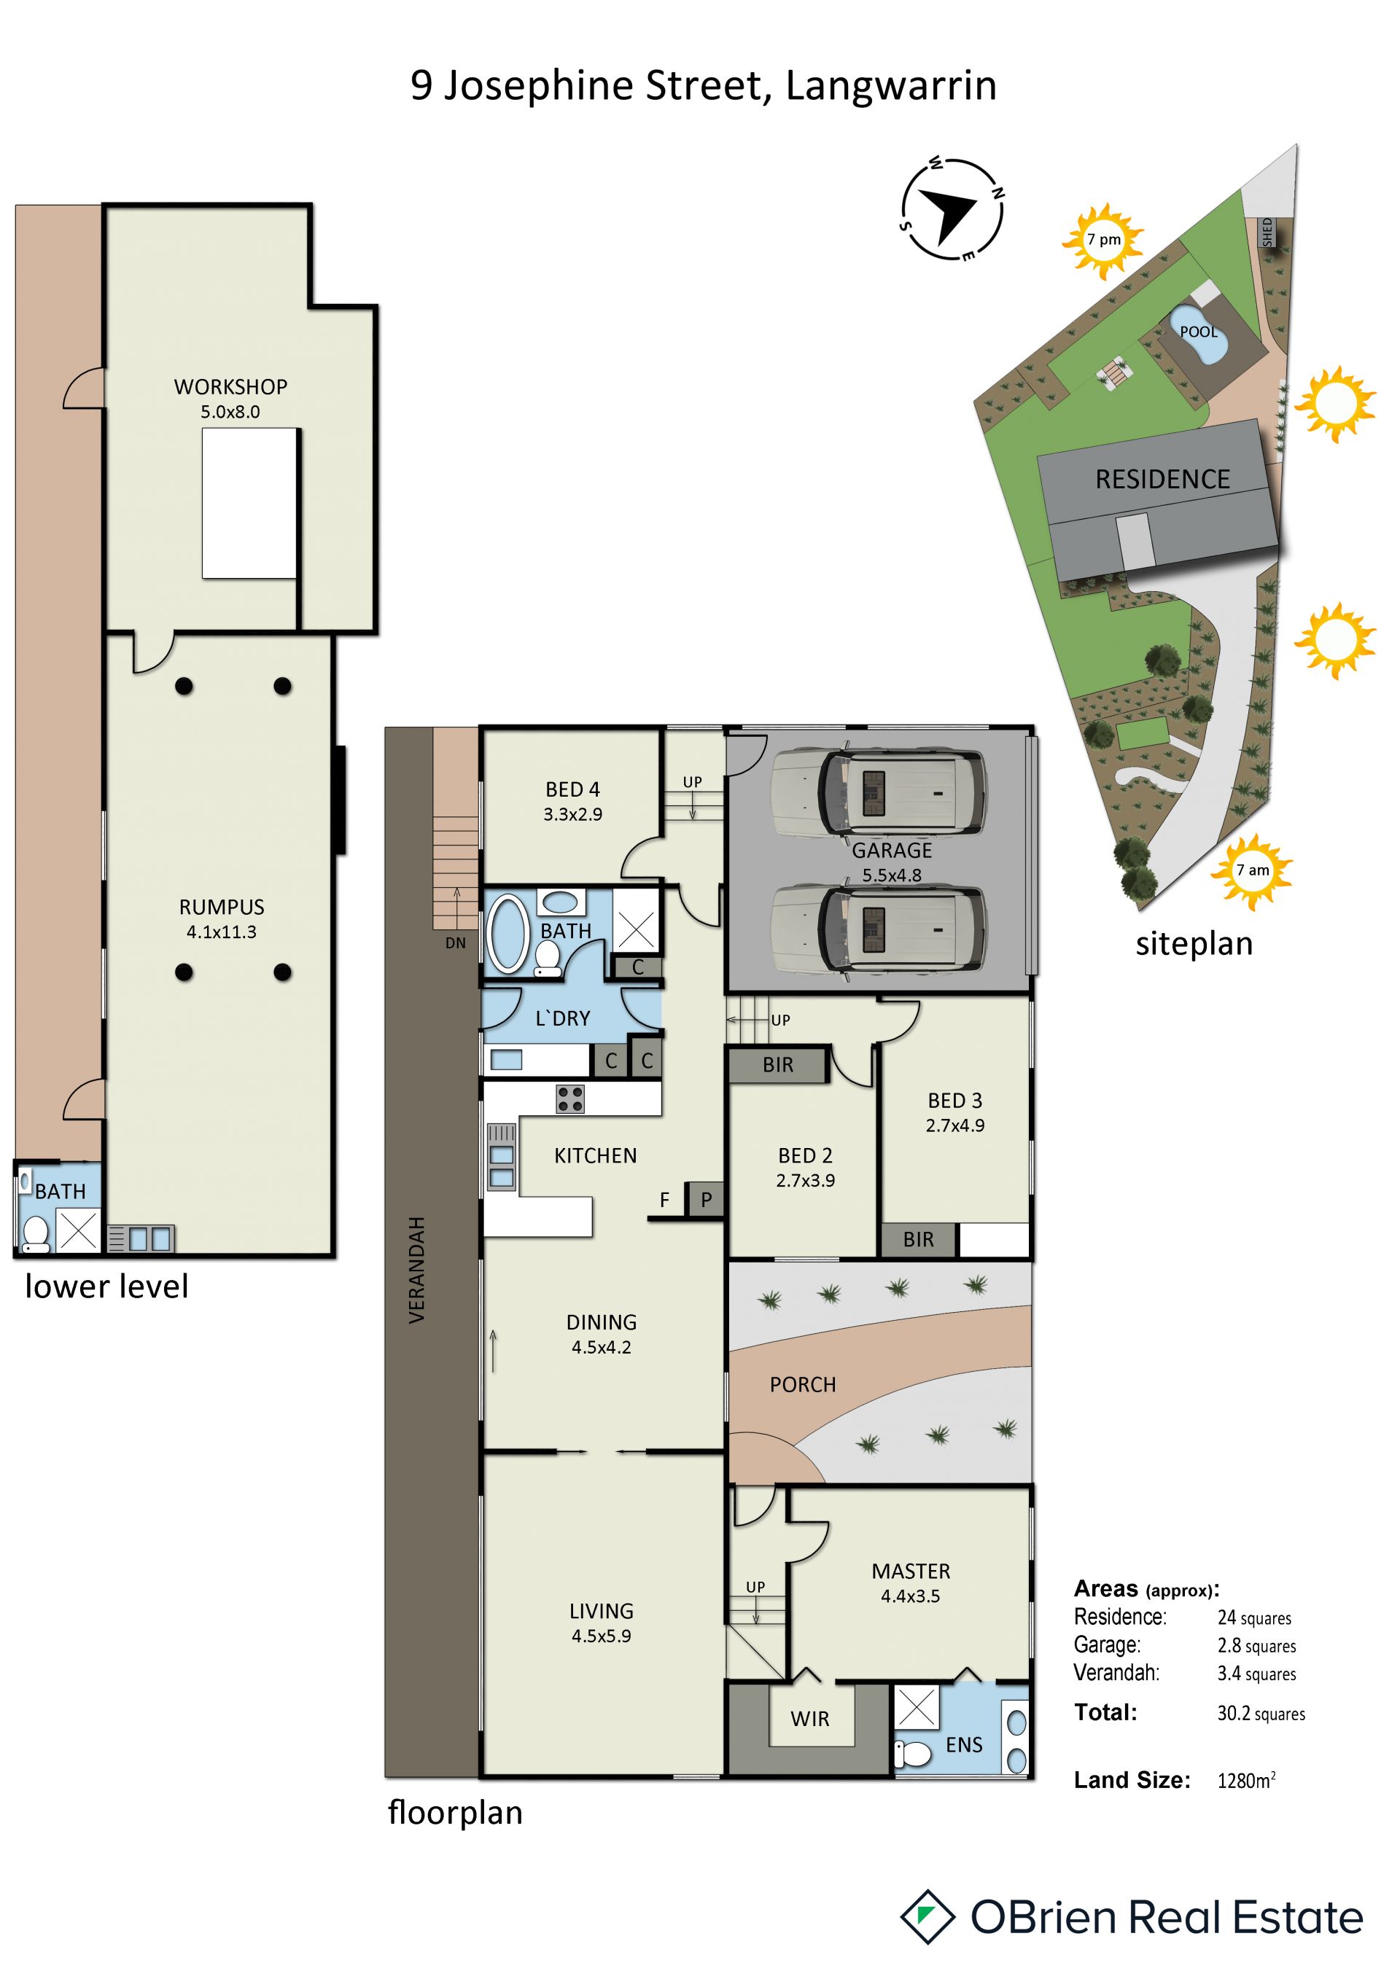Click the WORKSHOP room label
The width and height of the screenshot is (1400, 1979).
(230, 387)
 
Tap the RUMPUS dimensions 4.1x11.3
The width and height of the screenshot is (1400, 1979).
(222, 932)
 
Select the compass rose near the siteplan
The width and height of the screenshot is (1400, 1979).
(952, 208)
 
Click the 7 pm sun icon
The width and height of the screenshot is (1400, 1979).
(1103, 241)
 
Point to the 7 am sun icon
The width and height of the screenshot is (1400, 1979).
(1252, 871)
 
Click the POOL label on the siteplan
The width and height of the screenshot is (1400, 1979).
(1198, 332)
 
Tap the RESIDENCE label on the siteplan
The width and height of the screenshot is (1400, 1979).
(1162, 479)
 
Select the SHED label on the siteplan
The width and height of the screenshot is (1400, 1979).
(1267, 232)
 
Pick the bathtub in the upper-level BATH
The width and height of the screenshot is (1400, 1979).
(507, 934)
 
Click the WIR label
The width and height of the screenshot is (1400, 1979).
(809, 1719)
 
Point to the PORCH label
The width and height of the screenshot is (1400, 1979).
(803, 1384)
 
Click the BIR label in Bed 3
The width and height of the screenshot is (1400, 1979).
(918, 1239)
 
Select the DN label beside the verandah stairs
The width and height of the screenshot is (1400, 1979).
(455, 943)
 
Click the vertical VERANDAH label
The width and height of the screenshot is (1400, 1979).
(417, 1270)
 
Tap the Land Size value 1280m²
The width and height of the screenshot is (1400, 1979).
(1247, 1780)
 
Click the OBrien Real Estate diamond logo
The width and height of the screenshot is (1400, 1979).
(927, 1917)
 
